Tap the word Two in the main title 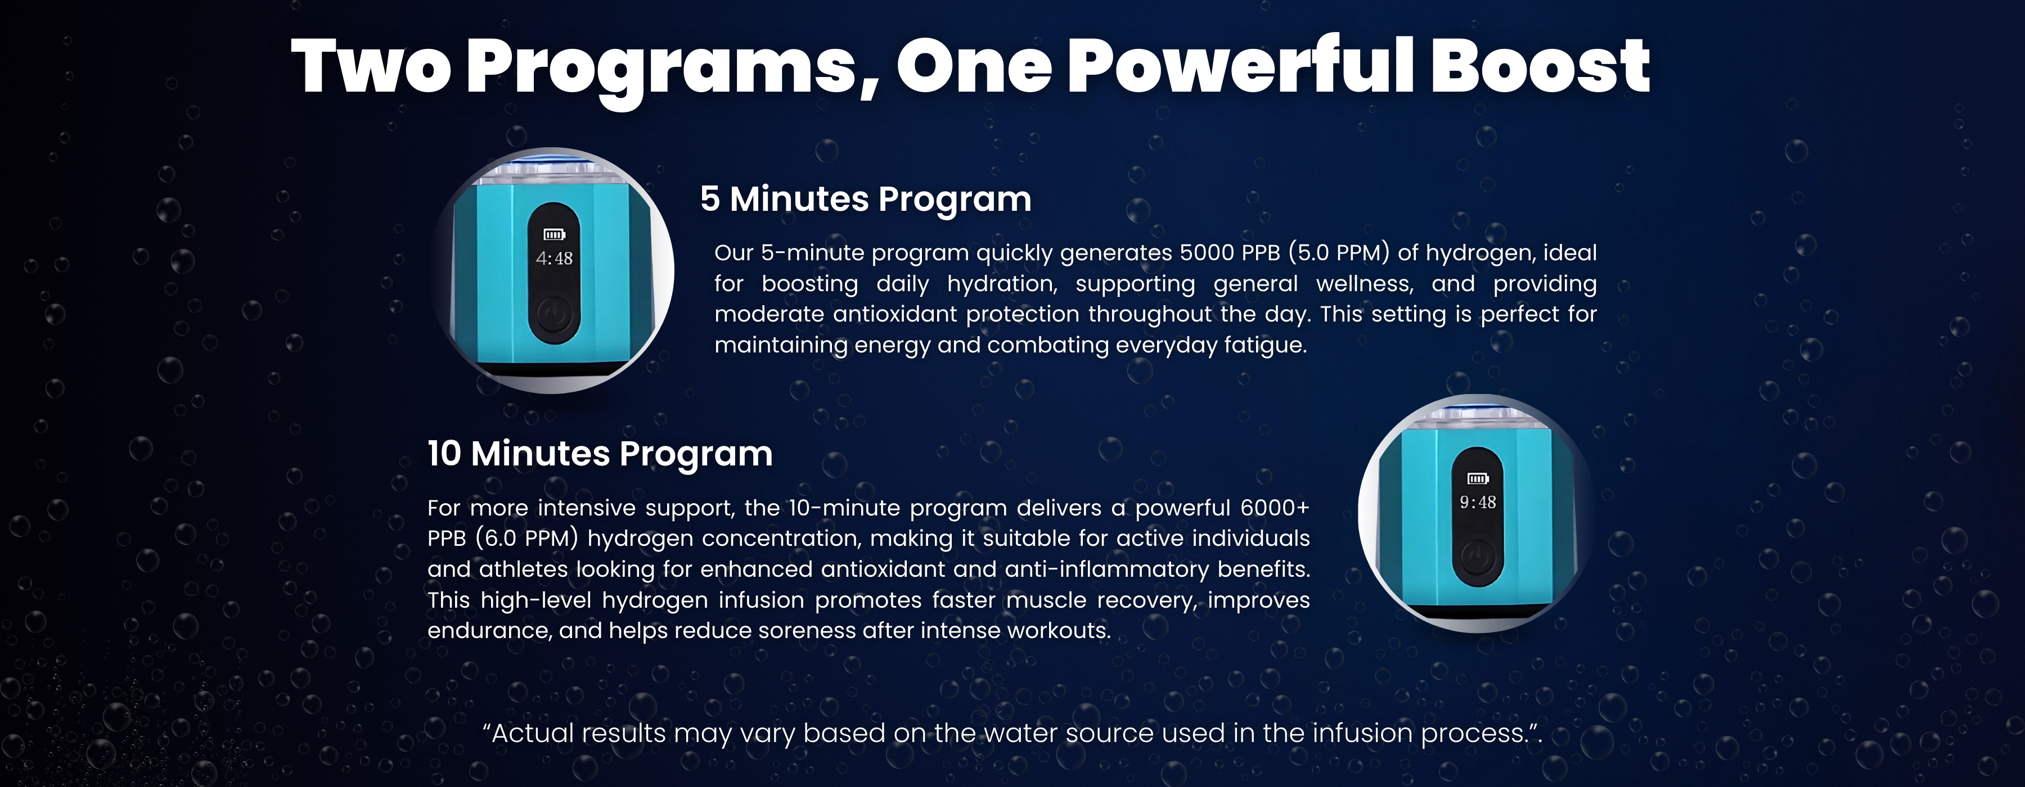click(x=371, y=67)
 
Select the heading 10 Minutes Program click(x=600, y=454)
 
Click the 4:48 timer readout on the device click(x=554, y=259)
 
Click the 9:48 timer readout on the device click(x=1478, y=503)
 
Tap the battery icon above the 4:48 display click(x=554, y=234)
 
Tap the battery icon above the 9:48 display click(x=1478, y=478)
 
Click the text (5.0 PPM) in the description click(x=1339, y=253)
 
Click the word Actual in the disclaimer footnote click(x=530, y=734)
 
